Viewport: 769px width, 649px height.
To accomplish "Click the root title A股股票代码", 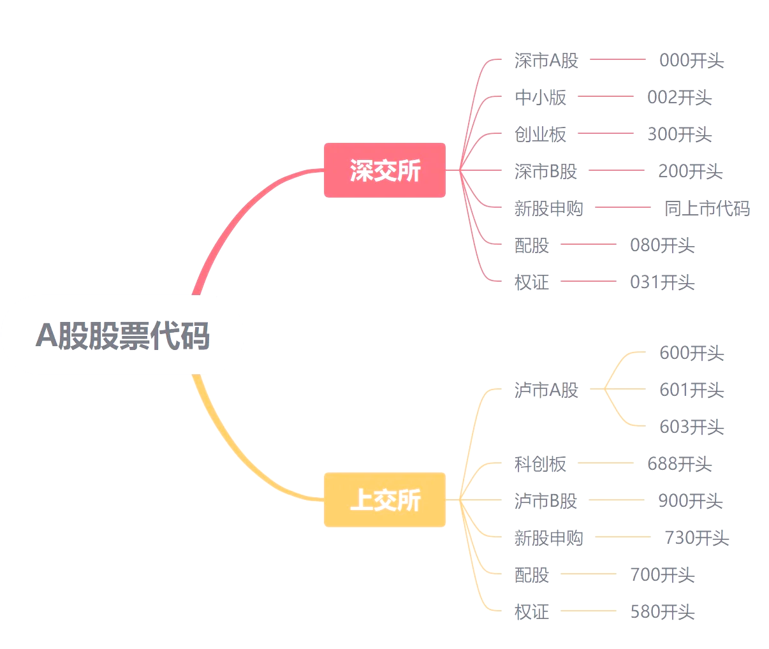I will pos(122,335).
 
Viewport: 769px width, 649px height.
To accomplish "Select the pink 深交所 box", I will pos(384,170).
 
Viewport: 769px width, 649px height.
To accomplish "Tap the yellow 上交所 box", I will pos(384,500).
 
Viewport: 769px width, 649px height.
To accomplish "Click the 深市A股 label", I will pos(546,61).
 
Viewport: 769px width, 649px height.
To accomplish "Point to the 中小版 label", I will pos(540,98).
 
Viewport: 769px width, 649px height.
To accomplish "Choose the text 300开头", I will pos(679,135).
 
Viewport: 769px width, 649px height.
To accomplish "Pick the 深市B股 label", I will pos(546,171).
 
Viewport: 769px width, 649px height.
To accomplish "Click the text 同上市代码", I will pos(707,208).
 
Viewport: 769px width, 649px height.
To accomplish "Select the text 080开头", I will pos(662,245).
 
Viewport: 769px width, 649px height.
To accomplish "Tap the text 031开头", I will pos(662,282).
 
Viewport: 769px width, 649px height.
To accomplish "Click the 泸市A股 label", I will pos(546,390).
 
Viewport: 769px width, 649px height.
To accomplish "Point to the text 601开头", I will pos(691,390).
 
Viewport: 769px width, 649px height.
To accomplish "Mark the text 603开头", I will pos(691,427).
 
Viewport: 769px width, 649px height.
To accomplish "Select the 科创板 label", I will pos(540,464).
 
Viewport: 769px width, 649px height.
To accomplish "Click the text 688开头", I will pos(679,464).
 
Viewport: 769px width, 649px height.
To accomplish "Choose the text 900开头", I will pos(690,501).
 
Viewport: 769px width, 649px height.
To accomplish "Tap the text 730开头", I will pos(696,538).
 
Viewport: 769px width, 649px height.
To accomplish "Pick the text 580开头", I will pos(662,612).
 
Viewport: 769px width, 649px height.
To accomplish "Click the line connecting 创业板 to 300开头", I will pos(606,133).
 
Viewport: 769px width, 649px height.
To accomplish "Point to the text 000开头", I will pos(691,61).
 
